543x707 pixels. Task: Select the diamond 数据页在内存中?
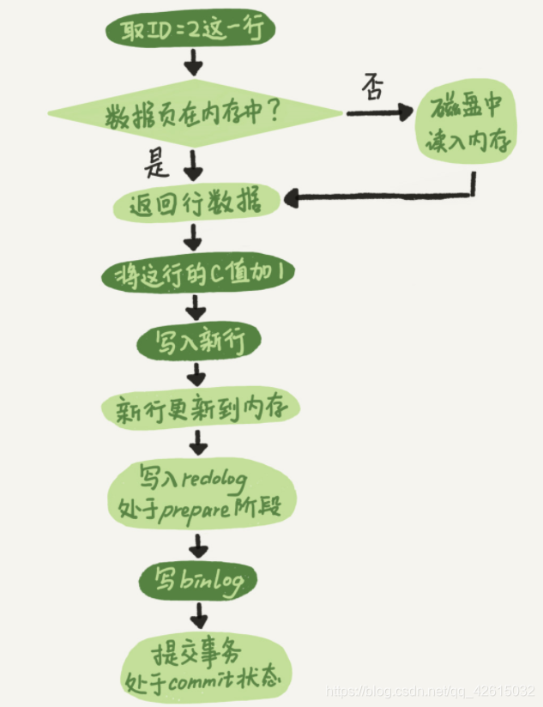(195, 114)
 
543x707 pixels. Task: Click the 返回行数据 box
(196, 203)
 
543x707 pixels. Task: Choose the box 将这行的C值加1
(198, 275)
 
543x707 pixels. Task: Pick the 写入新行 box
(198, 342)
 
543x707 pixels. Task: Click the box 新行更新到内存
(200, 409)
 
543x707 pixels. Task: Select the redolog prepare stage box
(202, 493)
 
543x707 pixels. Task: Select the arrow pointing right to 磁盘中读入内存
(377, 113)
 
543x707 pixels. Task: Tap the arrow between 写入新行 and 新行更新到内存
(198, 375)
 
